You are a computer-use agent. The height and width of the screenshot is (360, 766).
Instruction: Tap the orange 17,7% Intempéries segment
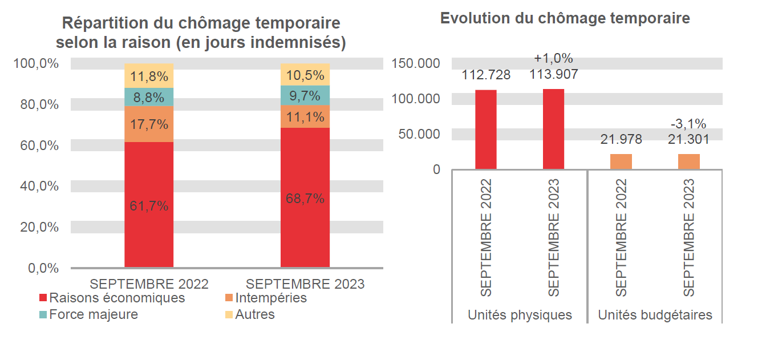(149, 124)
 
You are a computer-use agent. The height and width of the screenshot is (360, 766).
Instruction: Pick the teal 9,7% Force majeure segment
(305, 95)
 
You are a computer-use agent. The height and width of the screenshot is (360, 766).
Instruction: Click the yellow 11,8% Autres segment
(149, 76)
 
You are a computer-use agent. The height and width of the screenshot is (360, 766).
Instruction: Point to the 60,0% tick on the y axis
(36, 145)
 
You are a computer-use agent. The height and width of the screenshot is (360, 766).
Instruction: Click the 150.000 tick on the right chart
(416, 63)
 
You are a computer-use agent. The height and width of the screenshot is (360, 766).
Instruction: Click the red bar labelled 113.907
(553, 129)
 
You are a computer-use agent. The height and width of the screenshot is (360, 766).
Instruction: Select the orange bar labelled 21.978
(621, 161)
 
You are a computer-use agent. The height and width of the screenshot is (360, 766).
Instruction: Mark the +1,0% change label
(553, 58)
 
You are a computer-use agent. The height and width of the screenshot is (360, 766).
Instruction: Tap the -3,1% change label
(688, 124)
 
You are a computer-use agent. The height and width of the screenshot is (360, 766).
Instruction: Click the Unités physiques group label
(520, 315)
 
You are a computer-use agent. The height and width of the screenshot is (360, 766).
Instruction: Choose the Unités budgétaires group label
(655, 315)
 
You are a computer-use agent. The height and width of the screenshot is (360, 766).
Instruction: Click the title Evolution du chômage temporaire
(565, 18)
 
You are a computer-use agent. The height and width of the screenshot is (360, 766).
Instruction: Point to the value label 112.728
(486, 75)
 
